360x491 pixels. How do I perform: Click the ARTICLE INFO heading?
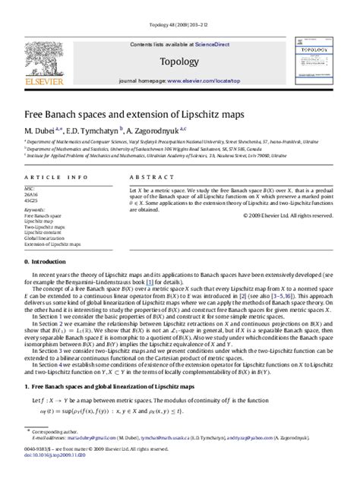click(54, 176)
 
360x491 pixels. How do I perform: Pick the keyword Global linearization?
click(49, 238)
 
